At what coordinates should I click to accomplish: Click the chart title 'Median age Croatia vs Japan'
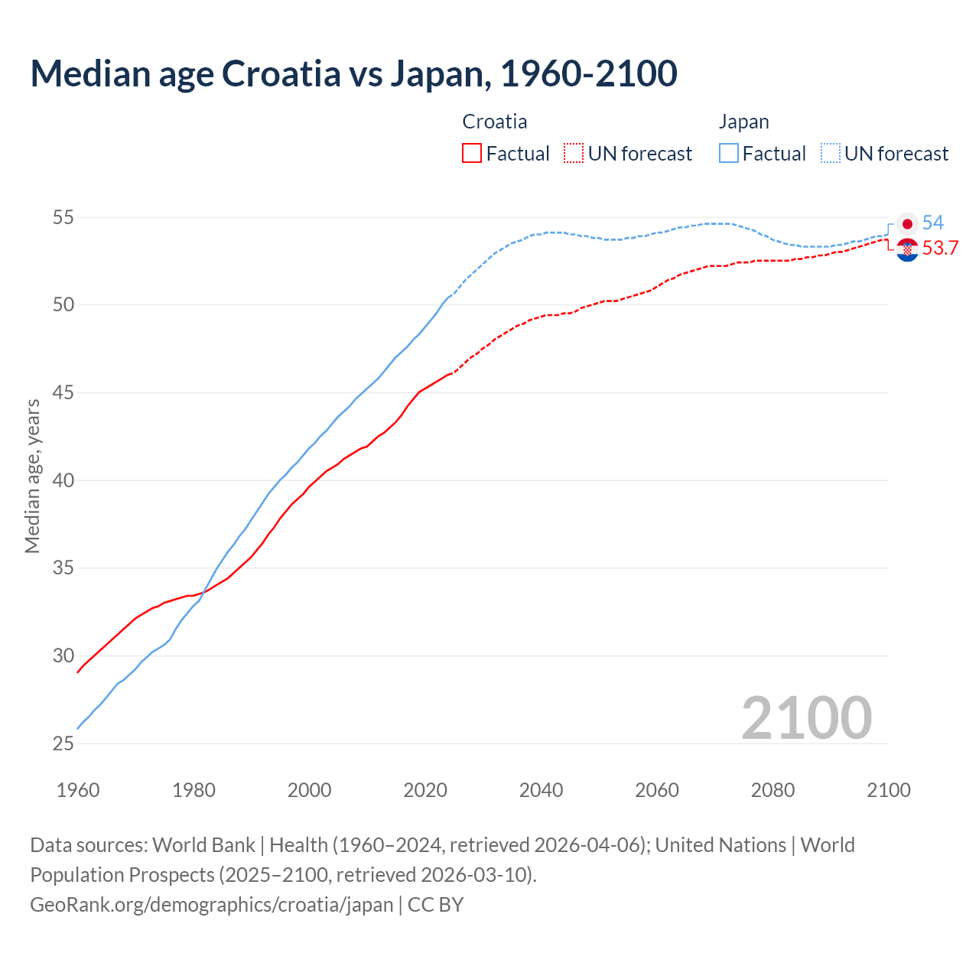353,74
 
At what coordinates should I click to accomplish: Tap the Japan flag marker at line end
907,224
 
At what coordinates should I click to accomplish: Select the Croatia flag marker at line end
907,249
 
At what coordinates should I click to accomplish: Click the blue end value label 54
932,223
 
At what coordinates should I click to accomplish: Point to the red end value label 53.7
940,249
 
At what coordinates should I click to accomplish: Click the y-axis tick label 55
63,218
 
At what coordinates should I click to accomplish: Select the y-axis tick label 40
63,481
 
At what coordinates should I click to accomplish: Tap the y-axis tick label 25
63,744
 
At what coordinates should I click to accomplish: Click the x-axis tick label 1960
78,790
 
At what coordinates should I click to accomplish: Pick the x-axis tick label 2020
425,790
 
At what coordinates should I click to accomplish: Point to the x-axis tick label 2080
772,790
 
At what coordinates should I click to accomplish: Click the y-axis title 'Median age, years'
32,476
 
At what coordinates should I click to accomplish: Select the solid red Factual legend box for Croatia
472,154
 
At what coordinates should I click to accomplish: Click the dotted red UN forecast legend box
574,154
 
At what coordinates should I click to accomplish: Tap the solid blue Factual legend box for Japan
729,154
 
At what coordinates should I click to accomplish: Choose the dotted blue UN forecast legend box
831,154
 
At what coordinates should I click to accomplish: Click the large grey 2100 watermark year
806,718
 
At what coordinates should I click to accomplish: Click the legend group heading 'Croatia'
495,122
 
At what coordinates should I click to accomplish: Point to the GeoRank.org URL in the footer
211,905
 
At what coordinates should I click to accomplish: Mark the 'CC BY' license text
435,905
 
